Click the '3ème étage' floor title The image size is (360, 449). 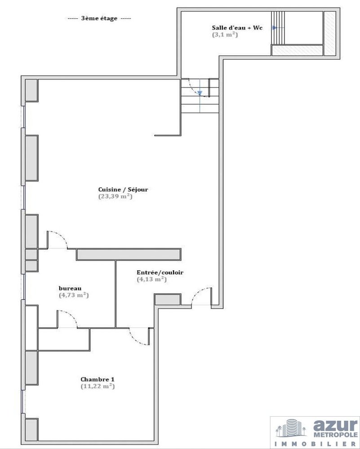[99, 18]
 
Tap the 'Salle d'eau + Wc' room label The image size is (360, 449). [237, 28]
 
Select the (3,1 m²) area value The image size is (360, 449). [225, 35]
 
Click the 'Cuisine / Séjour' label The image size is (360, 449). [123, 189]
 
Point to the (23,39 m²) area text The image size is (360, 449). [115, 197]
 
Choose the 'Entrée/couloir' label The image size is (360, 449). [160, 273]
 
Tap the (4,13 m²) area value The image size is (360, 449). [151, 279]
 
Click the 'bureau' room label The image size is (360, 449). [70, 288]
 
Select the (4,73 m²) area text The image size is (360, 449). [74, 295]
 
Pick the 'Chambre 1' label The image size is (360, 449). [98, 379]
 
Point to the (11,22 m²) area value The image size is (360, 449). [98, 386]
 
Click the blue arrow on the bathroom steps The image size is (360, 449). [275, 28]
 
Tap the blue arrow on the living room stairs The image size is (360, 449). [200, 93]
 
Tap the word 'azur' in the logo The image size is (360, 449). [335, 426]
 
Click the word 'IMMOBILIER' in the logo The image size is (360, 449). [316, 444]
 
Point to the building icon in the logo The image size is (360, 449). [291, 428]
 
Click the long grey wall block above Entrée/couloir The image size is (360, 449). [129, 255]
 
